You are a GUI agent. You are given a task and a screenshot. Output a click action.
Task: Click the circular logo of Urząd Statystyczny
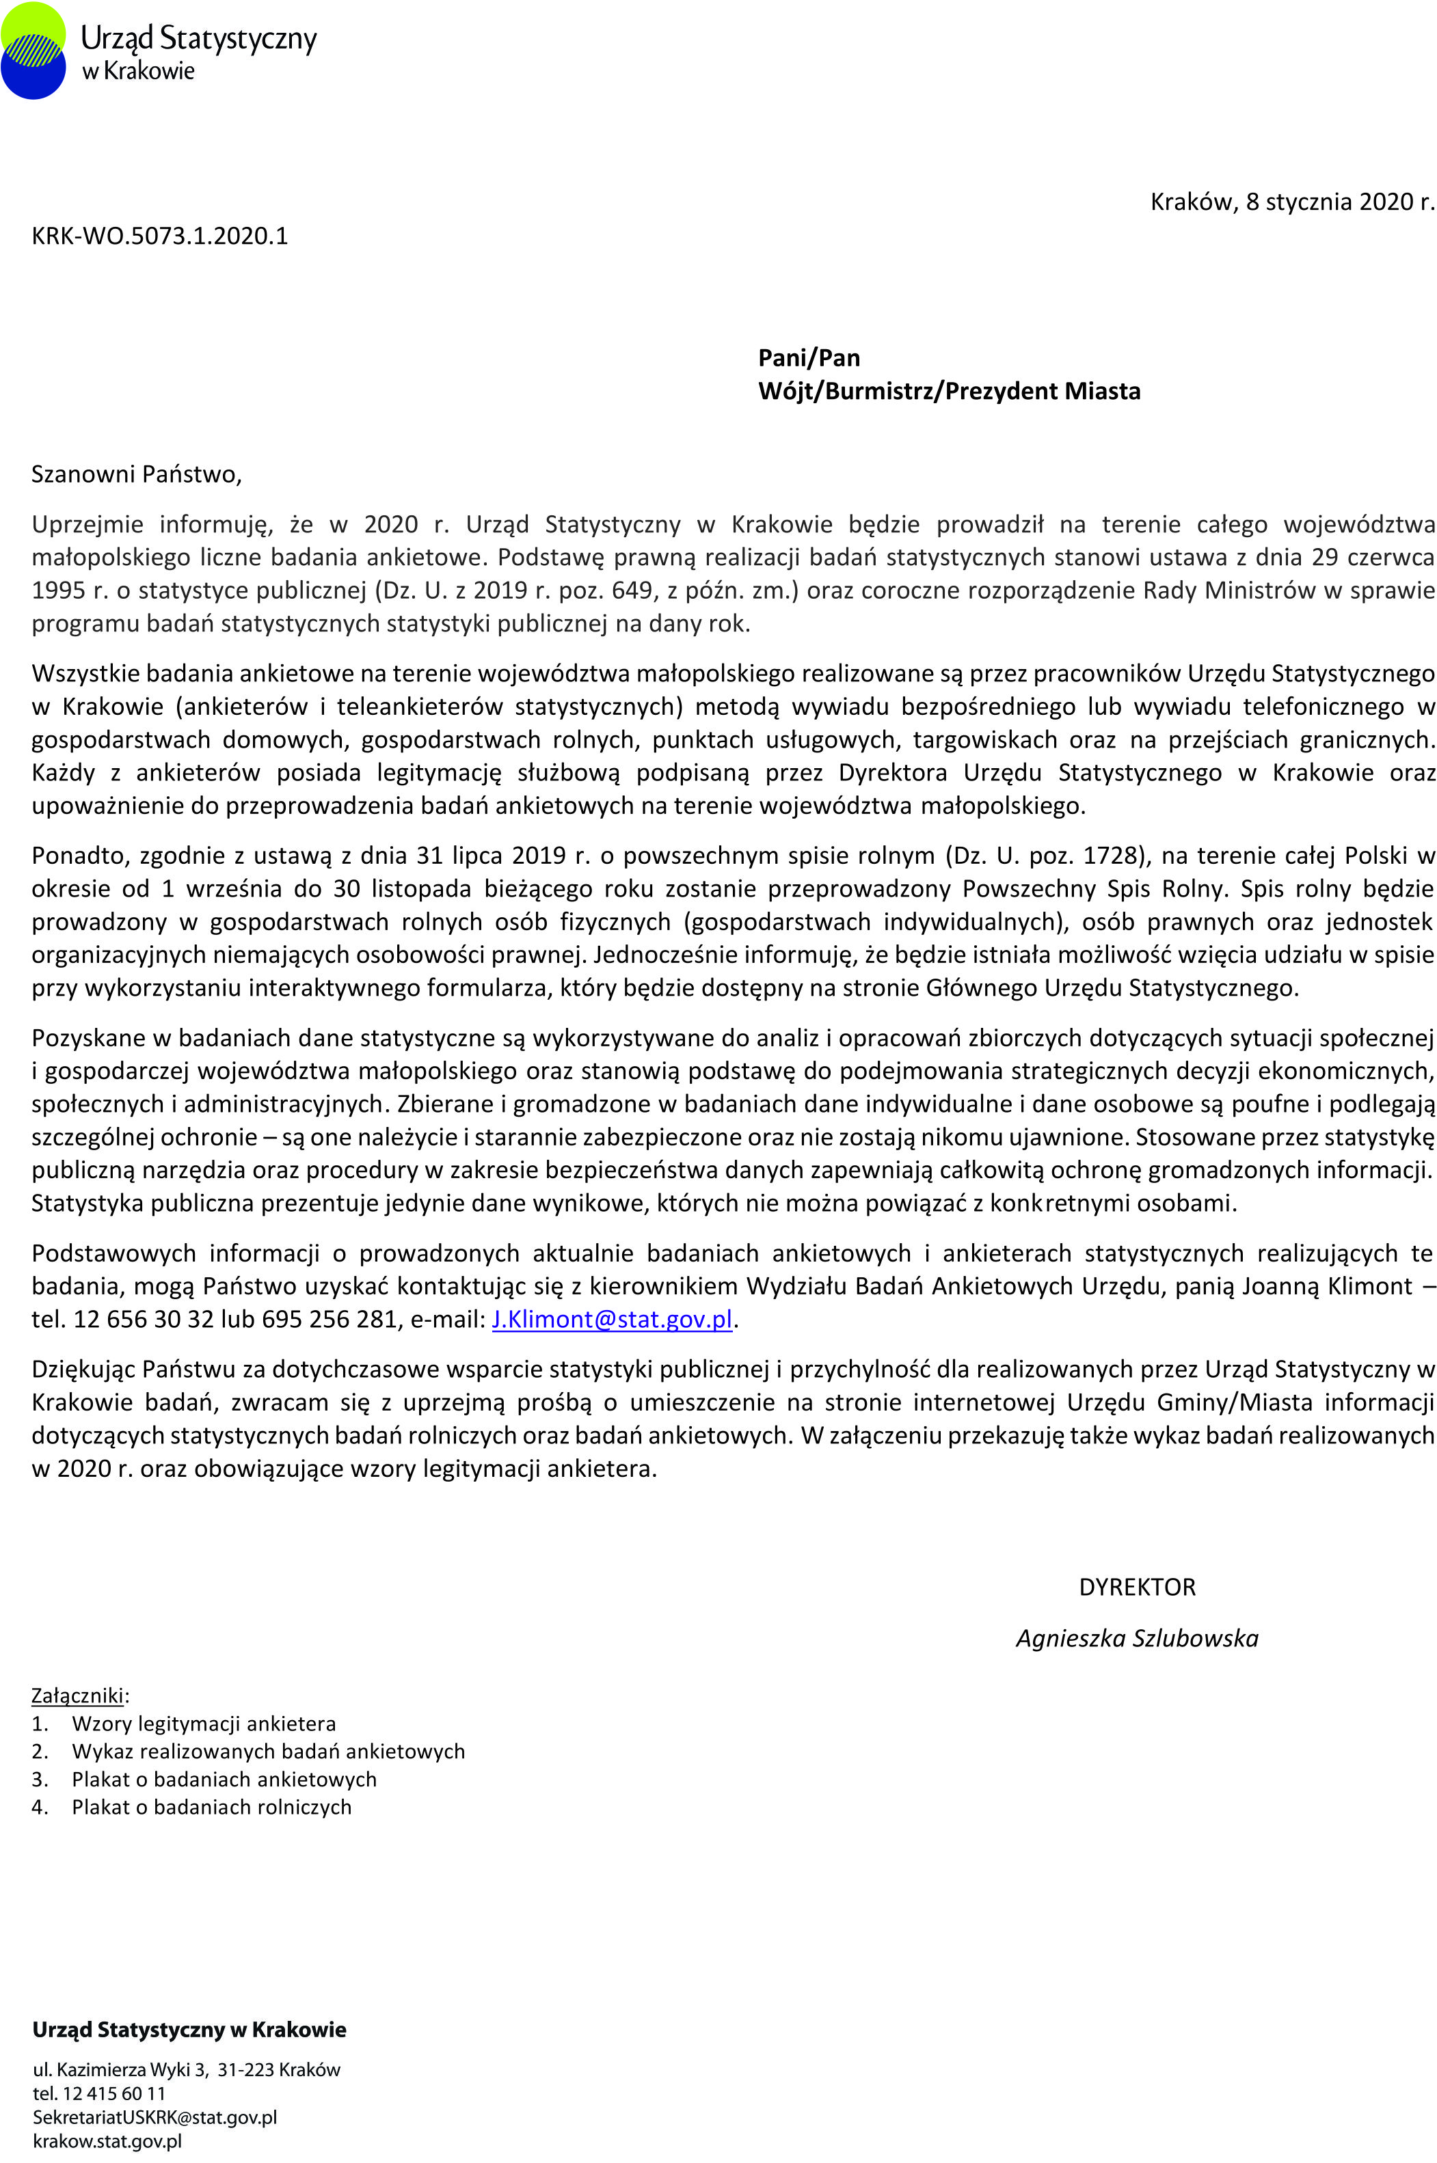[34, 51]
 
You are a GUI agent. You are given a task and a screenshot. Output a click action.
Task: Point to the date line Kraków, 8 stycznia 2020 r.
[1291, 202]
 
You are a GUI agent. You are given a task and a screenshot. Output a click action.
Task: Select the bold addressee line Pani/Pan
[808, 358]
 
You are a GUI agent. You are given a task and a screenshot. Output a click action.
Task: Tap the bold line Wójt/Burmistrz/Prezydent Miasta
[948, 391]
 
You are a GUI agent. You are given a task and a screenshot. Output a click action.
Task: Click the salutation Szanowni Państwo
[135, 474]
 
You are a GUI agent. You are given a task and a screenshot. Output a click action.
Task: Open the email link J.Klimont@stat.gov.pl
[612, 1319]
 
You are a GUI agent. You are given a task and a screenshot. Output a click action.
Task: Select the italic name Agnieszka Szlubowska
[1136, 1639]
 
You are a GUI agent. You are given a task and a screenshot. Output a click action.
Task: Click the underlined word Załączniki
[77, 1696]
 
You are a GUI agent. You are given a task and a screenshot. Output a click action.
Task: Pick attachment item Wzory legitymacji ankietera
[204, 1724]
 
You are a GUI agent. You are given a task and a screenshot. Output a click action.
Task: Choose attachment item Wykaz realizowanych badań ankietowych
[267, 1752]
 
